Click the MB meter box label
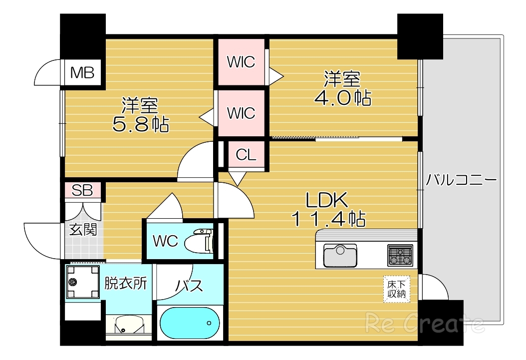82,73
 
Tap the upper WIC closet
241,62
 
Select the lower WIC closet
241,113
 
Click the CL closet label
246,155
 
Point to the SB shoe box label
83,190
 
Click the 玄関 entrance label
83,230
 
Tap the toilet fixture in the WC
199,242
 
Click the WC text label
165,241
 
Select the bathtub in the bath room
190,323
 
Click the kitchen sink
340,255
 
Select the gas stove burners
400,255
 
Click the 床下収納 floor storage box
397,289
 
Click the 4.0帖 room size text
342,98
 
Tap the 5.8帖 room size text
141,123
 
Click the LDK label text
326,200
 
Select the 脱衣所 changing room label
125,284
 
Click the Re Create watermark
425,324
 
